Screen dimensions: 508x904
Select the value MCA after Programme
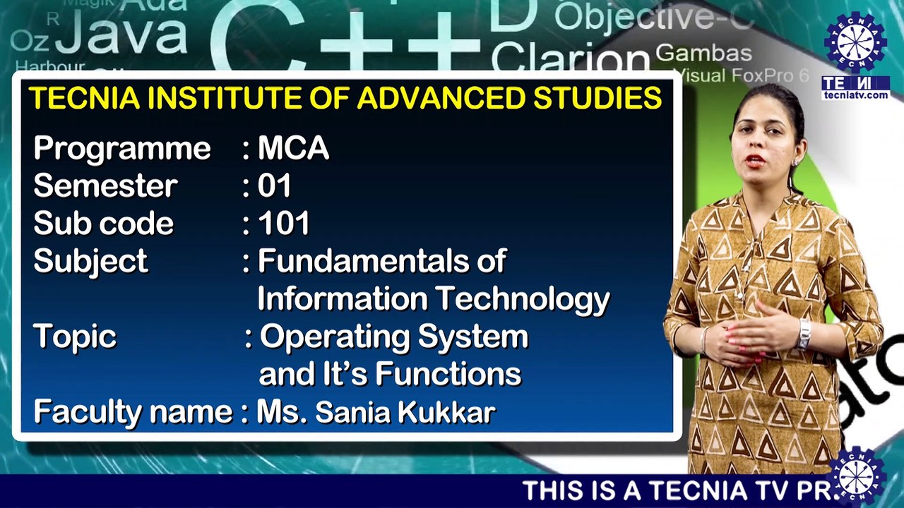pos(293,149)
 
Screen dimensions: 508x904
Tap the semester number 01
pos(275,186)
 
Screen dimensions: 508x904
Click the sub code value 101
pos(284,224)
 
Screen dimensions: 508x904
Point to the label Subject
pos(90,262)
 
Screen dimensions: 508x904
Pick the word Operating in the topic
pos(335,337)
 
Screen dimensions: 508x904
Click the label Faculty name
pos(133,412)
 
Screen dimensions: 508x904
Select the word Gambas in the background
pos(703,53)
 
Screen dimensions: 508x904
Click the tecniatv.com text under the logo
pos(855,95)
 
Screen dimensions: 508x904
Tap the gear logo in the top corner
pos(855,42)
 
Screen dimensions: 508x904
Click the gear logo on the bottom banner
pos(857,477)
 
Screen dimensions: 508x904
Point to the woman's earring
pos(795,162)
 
